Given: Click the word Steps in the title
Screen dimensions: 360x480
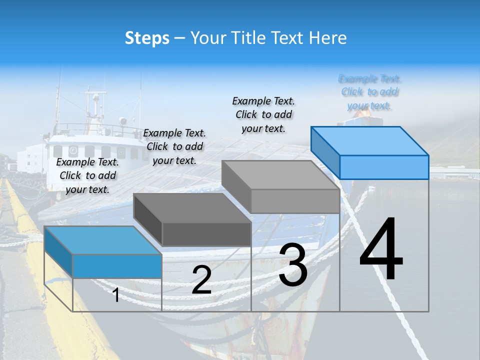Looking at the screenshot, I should coord(147,38).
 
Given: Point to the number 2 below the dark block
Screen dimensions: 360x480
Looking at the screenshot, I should coord(201,280).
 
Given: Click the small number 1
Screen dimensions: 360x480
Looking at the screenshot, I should coord(116,295).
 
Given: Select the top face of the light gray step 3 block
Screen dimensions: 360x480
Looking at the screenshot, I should coord(280,175).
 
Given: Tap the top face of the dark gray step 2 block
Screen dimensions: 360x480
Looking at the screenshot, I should coord(192,208).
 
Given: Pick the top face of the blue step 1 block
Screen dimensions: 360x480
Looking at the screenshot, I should coord(103,240).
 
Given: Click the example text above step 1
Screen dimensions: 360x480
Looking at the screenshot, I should coord(87,175).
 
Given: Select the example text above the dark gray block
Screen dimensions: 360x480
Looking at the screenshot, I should coord(174,146).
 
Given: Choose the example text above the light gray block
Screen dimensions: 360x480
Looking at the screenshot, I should coord(263,114).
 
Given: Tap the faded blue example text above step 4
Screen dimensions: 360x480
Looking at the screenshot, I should coord(369,92).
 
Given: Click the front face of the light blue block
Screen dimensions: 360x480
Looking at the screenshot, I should coord(384,167).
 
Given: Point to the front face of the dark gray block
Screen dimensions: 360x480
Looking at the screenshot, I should coord(206,234).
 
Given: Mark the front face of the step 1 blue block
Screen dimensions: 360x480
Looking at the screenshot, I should coord(117,266).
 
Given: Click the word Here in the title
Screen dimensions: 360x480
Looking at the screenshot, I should coord(327,38).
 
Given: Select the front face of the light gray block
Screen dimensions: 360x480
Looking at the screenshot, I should coord(295,201).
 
